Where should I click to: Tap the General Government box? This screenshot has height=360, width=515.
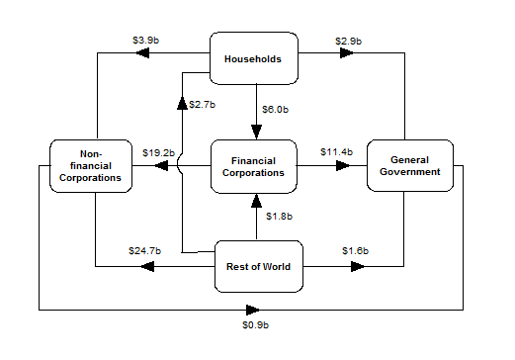(409, 165)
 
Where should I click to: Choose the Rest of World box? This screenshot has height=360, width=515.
(257, 266)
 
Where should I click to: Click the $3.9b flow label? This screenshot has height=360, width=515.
(145, 41)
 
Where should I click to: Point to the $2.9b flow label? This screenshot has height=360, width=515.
(348, 41)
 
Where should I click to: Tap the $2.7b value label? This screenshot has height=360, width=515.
(204, 103)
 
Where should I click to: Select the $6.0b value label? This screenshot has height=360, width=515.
(275, 109)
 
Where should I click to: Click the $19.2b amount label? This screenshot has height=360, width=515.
(158, 152)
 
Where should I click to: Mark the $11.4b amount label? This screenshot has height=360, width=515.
(336, 151)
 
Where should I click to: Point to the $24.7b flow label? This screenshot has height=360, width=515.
(144, 251)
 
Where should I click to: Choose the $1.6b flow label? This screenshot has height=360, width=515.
(355, 251)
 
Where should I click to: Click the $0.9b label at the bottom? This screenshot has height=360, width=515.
(255, 324)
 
